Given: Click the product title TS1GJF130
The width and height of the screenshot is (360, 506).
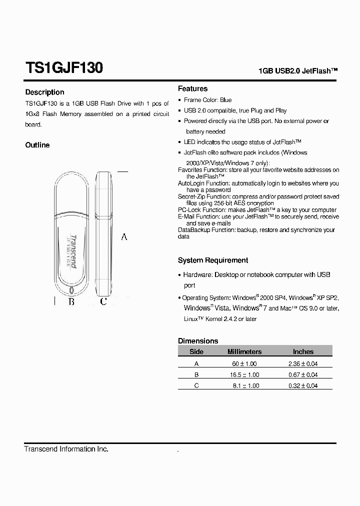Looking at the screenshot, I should coord(64,67).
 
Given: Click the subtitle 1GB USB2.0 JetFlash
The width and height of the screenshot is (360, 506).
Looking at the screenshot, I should coord(298,71).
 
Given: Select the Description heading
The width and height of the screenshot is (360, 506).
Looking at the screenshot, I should coord(44,92).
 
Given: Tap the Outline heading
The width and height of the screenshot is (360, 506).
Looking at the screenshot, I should coord(37,145).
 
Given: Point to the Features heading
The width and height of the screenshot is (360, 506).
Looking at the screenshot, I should coord(192,88).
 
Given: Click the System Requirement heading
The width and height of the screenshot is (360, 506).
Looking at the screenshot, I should coord(213,260).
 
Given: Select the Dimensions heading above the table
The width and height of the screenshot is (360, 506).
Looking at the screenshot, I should coord(198,340).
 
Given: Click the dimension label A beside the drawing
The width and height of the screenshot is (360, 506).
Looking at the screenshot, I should coord(124,236).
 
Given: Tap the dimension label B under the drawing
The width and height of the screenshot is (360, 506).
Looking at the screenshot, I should coord(71,301).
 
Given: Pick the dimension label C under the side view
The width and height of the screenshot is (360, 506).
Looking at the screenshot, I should coord(103,301).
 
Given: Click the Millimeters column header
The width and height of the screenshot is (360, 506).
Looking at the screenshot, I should coord(244,351).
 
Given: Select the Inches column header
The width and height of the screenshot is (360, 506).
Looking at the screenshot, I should coord(303,351).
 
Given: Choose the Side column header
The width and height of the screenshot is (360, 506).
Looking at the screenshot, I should coord(196,351).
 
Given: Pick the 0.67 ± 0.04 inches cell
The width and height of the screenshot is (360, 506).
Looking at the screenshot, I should coord(303,374).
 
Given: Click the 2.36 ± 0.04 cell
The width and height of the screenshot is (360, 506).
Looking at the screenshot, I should coord(303,363).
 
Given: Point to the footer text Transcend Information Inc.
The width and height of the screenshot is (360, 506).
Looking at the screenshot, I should coord(66,449).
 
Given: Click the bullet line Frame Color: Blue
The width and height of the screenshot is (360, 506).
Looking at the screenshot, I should coord(207,100).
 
